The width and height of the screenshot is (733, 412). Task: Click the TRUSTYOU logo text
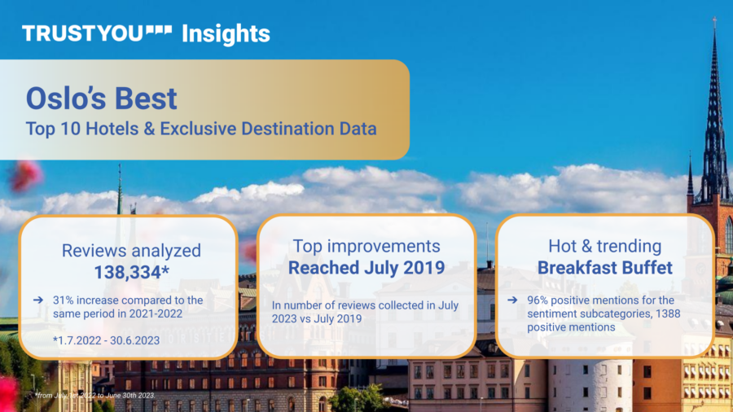(82, 33)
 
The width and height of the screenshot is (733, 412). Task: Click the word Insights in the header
(226, 33)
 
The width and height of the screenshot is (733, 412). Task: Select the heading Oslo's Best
(101, 99)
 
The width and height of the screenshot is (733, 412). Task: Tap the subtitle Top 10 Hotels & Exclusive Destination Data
(201, 129)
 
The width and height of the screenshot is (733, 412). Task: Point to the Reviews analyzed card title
(131, 251)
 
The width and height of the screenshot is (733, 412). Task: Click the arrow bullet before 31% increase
(38, 300)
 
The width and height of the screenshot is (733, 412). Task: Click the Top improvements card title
(366, 246)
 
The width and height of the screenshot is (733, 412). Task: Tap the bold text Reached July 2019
(366, 268)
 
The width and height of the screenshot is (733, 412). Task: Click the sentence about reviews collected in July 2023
(366, 312)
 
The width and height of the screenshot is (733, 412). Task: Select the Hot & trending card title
(604, 246)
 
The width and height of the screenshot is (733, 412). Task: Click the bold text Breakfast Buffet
(604, 268)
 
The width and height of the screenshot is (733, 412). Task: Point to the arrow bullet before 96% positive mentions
(511, 300)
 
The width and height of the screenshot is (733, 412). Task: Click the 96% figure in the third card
(535, 300)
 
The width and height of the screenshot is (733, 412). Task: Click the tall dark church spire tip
(715, 24)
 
